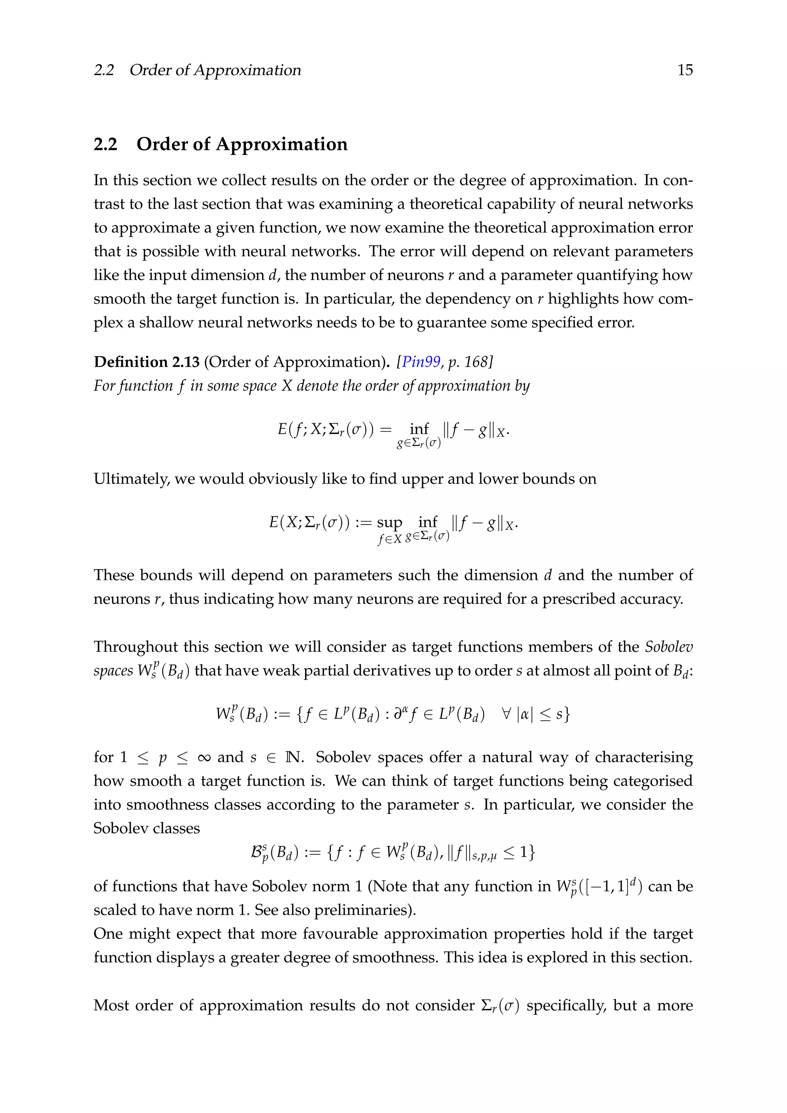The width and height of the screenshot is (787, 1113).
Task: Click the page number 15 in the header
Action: pyautogui.click(x=685, y=70)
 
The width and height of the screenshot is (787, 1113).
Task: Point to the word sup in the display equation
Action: pyautogui.click(x=389, y=523)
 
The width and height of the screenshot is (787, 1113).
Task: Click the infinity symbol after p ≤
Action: pyautogui.click(x=204, y=757)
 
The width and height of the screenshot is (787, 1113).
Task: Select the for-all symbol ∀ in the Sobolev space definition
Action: pyautogui.click(x=506, y=714)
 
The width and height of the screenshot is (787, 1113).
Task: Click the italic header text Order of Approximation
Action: pyautogui.click(x=215, y=70)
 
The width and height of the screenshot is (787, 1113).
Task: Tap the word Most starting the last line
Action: pyautogui.click(x=111, y=1005)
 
